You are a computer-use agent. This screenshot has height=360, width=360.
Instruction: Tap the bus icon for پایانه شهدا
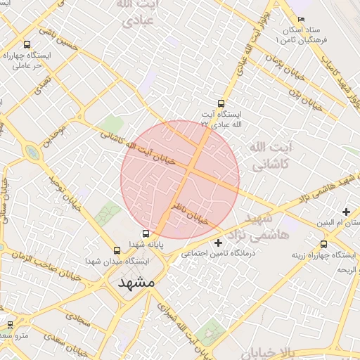click(x=146, y=233)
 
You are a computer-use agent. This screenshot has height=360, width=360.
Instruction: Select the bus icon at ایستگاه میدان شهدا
click(x=117, y=250)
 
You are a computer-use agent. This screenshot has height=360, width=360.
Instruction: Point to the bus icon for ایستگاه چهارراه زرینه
click(x=323, y=244)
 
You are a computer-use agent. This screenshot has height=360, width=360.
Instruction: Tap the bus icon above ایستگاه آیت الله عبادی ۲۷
click(x=222, y=103)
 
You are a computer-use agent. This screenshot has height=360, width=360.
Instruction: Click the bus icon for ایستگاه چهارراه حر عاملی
click(x=27, y=44)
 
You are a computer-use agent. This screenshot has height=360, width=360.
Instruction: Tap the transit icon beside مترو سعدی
click(x=10, y=324)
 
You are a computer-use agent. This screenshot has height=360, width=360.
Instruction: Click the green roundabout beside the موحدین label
click(x=32, y=152)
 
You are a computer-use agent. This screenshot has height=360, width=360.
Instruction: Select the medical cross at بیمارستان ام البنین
click(x=346, y=212)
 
